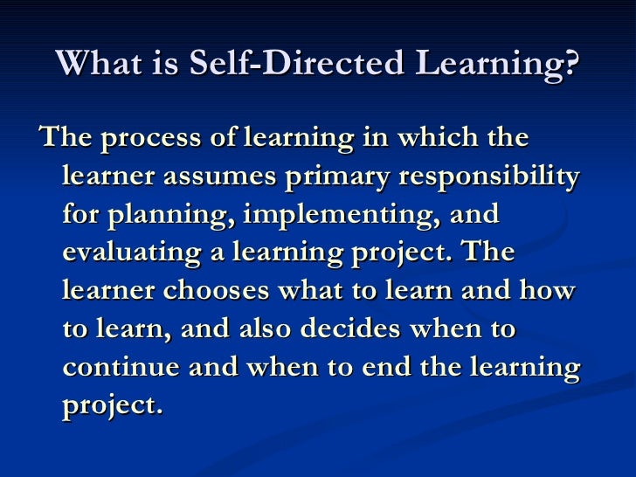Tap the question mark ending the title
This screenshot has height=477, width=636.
(571, 63)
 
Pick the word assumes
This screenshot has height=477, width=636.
(230, 176)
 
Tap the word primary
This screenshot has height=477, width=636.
(344, 178)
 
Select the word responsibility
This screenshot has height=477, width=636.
(489, 178)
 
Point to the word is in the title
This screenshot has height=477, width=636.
(167, 63)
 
